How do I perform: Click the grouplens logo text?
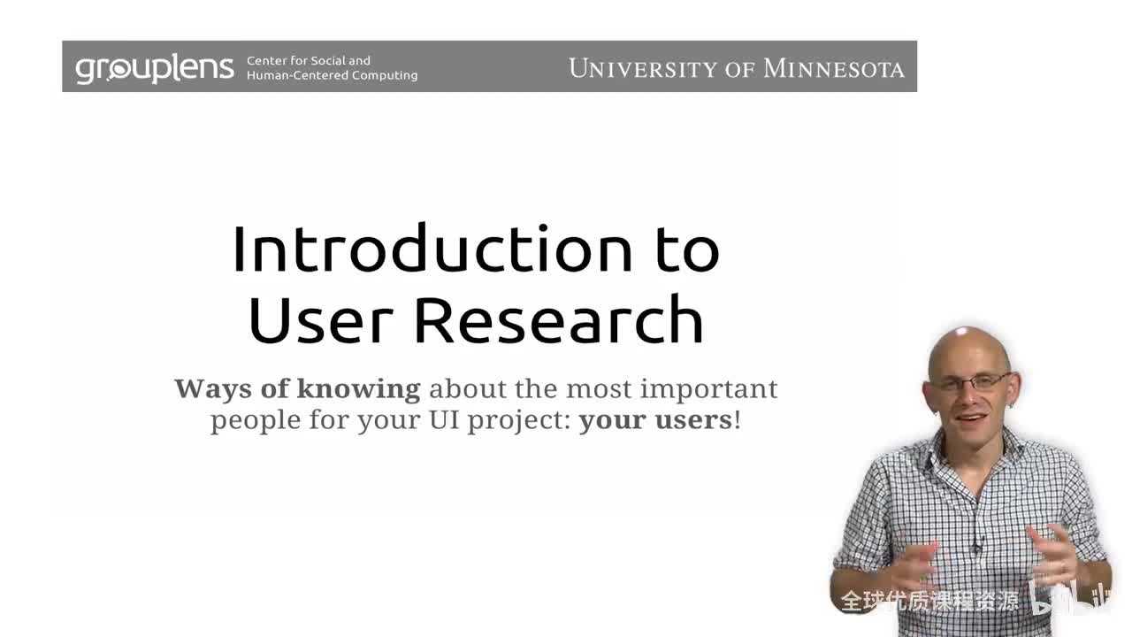155,68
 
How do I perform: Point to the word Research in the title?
559,319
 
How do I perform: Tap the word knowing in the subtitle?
358,388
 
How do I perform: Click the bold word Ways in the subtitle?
213,388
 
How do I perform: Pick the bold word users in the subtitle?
693,418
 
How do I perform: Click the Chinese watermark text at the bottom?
929,602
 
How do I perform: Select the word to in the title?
687,249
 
